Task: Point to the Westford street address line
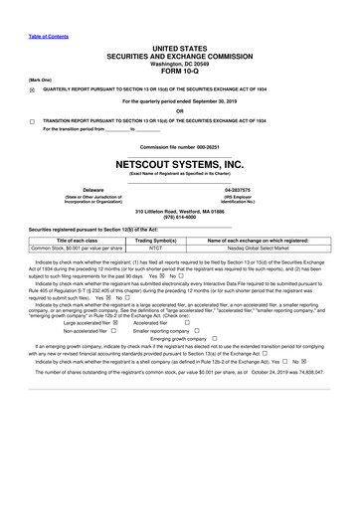point(179,213)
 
